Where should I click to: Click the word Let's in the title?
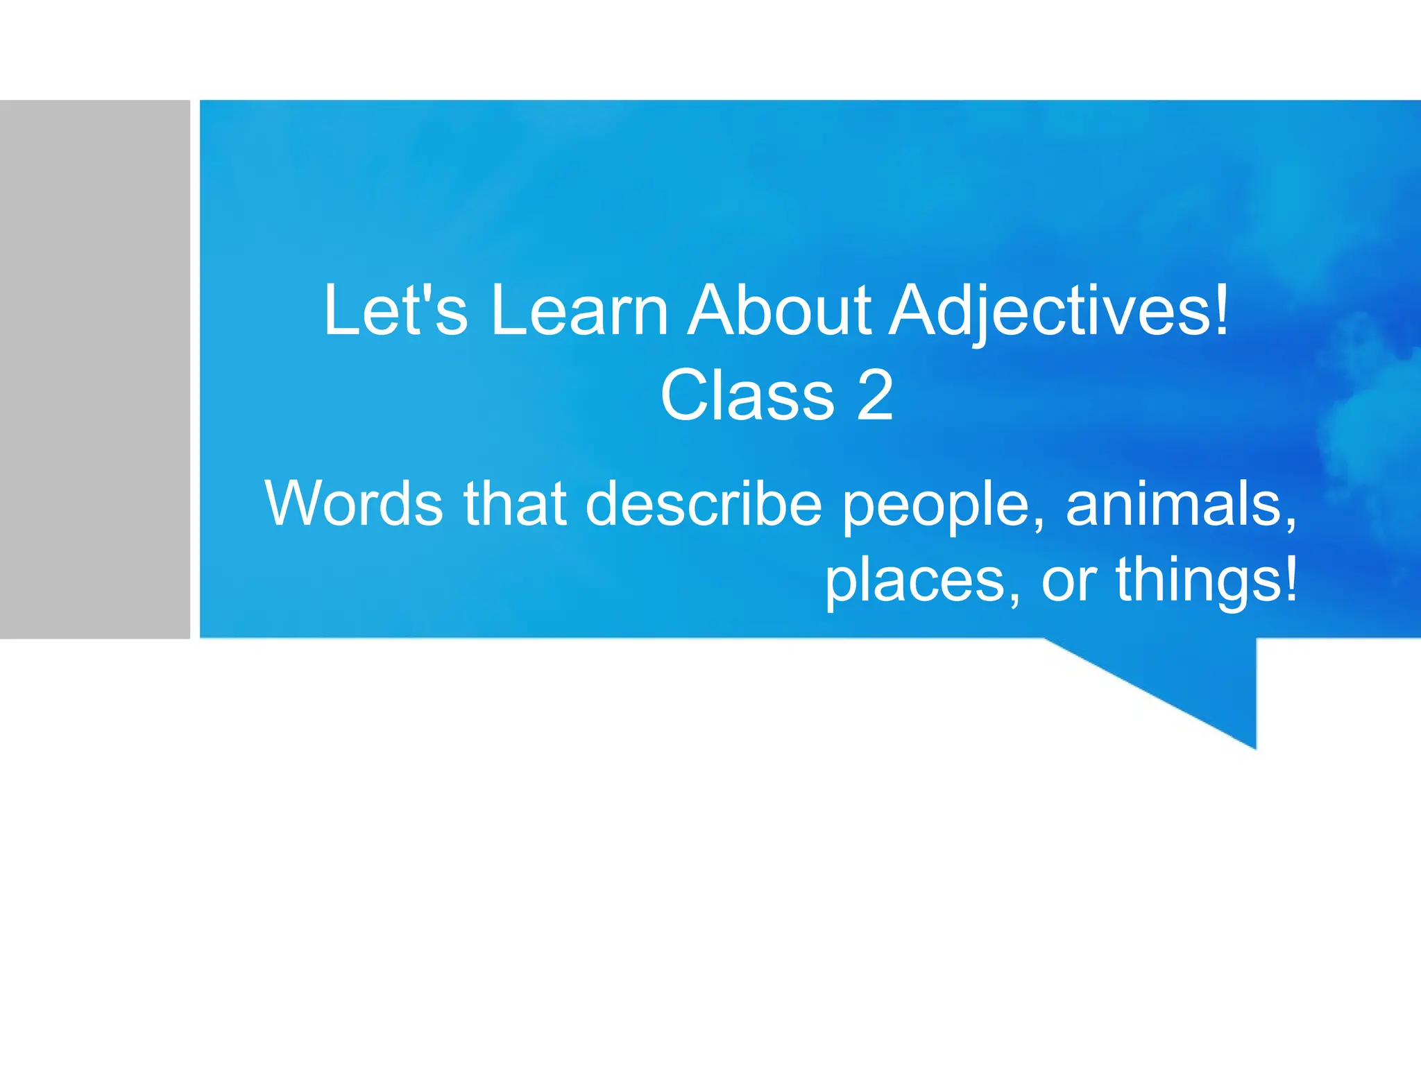tap(395, 310)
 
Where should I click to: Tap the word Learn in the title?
tap(579, 310)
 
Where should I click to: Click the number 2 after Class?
tap(875, 395)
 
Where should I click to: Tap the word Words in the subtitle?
tap(354, 503)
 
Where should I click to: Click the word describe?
tap(704, 503)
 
